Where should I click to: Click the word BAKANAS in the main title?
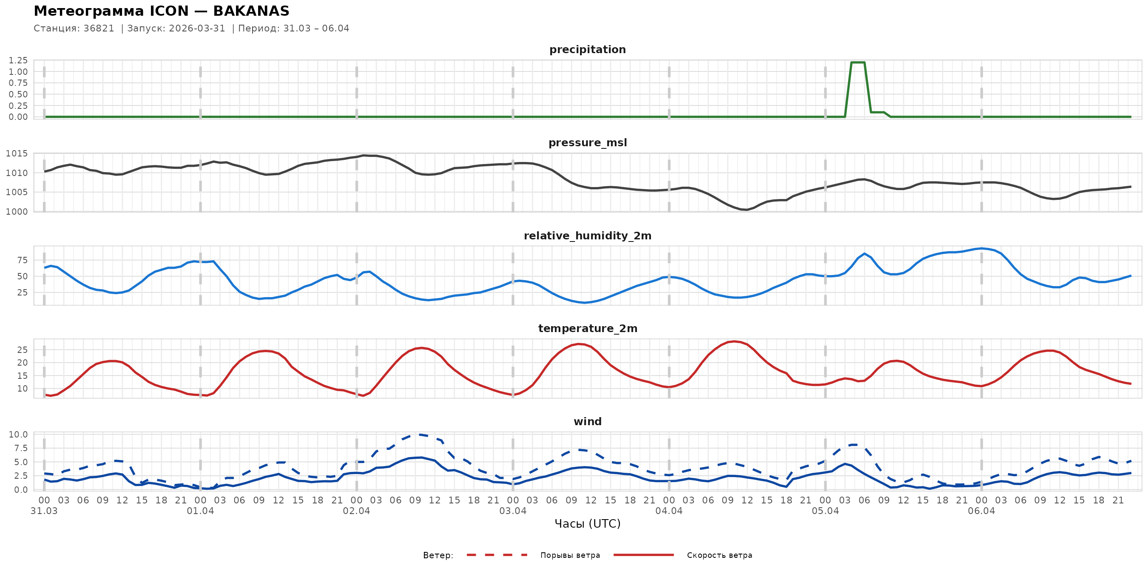(x=251, y=11)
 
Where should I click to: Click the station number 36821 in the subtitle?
(x=99, y=28)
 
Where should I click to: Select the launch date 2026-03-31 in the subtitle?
(x=197, y=28)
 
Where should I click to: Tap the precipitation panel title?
(x=587, y=49)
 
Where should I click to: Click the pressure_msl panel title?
(x=587, y=142)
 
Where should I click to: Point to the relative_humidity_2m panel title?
(x=587, y=236)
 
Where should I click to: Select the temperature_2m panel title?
(x=587, y=328)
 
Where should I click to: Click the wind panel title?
(x=587, y=422)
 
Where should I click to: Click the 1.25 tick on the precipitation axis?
(x=18, y=60)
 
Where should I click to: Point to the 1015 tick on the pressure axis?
(x=17, y=154)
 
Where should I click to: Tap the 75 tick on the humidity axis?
(x=22, y=260)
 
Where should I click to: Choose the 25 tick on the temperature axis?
(x=22, y=350)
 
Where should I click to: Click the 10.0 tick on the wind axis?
(x=18, y=435)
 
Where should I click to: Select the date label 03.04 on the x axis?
(x=512, y=511)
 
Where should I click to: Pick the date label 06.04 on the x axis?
(x=981, y=511)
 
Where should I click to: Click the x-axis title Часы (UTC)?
(x=587, y=524)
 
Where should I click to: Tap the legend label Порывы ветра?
(x=570, y=555)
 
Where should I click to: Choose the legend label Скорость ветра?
(x=719, y=555)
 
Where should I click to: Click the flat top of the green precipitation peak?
(x=858, y=63)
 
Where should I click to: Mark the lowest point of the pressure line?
(x=747, y=210)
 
